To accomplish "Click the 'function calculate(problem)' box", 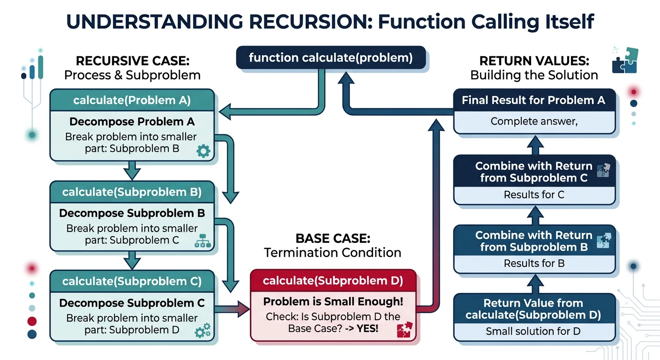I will click(x=331, y=58).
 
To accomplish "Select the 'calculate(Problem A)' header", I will click(x=132, y=100).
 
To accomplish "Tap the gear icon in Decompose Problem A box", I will click(x=203, y=150).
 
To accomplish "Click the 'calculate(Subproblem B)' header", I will click(x=132, y=192).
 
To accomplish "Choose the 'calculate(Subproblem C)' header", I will click(x=132, y=281).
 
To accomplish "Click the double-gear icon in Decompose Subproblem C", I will click(x=202, y=331).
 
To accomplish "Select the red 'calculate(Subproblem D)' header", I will click(x=333, y=281).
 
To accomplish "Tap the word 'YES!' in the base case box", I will click(x=367, y=329).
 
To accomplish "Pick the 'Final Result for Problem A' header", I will click(x=533, y=100).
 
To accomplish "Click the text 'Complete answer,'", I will click(x=533, y=121).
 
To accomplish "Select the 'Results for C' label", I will click(x=533, y=195).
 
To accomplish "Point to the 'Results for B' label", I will click(x=533, y=263).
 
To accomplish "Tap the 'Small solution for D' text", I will click(x=533, y=331).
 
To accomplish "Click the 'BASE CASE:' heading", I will click(x=332, y=238).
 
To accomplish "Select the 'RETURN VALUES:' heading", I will click(x=534, y=61).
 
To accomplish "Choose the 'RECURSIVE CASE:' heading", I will click(x=132, y=61).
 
